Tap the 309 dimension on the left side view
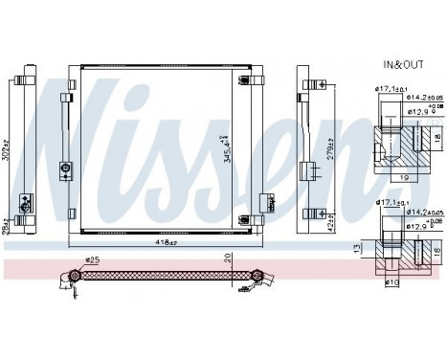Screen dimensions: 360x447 click(x=8, y=146)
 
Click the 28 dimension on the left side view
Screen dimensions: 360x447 click(x=8, y=222)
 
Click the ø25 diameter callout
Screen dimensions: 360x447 click(x=93, y=257)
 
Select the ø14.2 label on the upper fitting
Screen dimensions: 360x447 click(x=416, y=96)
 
